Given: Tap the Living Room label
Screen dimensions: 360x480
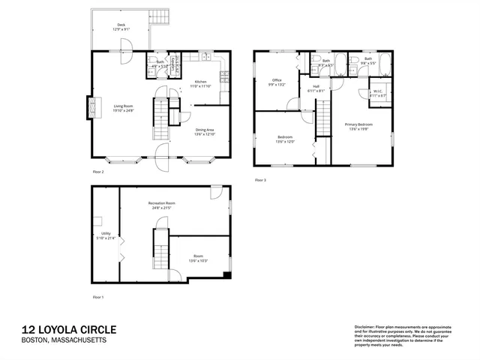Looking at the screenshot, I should [124, 106].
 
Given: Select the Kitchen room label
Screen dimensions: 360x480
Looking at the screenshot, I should [200, 82].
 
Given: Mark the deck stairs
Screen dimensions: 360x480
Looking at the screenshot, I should [158, 16].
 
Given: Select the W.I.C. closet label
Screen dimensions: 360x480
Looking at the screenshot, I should [376, 91].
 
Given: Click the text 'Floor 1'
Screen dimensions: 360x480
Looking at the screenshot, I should [97, 297].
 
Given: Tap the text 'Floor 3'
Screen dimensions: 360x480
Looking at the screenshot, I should [259, 180].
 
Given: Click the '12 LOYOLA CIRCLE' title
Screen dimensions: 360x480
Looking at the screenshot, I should [68, 330].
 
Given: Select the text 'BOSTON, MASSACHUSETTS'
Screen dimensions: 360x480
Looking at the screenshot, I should [64, 341].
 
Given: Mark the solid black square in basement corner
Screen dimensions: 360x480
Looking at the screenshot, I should [226, 274].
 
